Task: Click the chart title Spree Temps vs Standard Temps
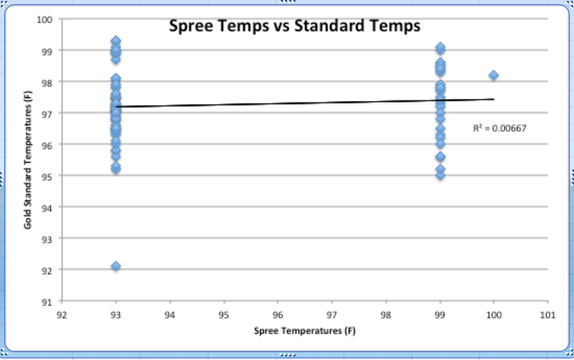click(x=293, y=27)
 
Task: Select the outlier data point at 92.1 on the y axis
click(x=116, y=266)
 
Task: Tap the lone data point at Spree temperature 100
click(x=494, y=75)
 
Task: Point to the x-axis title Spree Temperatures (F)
click(x=304, y=331)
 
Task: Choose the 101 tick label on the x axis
click(x=547, y=314)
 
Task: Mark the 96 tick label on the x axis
click(x=278, y=314)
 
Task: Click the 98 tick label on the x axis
click(x=385, y=314)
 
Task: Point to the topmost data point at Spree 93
click(x=116, y=41)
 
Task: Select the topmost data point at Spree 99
click(x=440, y=47)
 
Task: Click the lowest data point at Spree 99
click(x=440, y=175)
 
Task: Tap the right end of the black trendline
click(x=493, y=99)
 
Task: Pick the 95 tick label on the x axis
click(x=224, y=314)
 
